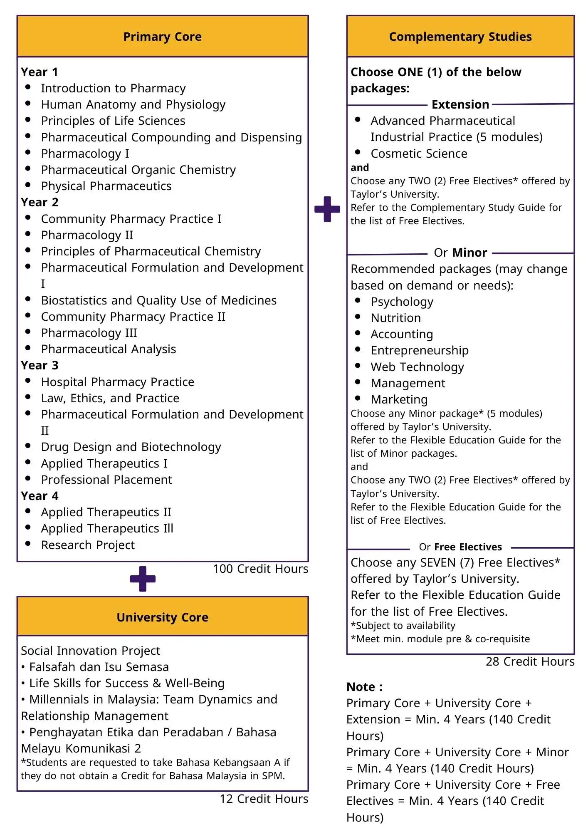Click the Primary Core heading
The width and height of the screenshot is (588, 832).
(x=162, y=37)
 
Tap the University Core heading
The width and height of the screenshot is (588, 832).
(x=162, y=617)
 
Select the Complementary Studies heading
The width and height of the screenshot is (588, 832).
(x=460, y=37)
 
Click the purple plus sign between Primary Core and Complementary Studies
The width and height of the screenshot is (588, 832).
(x=327, y=209)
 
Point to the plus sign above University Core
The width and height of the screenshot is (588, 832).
(x=143, y=579)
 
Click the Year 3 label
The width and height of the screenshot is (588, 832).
(x=40, y=365)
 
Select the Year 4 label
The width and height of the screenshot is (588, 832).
(x=40, y=496)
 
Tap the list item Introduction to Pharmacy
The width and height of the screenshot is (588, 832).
(x=113, y=88)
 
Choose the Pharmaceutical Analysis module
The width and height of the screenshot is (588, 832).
(x=108, y=349)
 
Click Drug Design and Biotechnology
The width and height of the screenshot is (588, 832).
(x=131, y=447)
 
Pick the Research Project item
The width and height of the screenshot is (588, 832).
(x=88, y=545)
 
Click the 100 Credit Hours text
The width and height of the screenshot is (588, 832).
(x=260, y=569)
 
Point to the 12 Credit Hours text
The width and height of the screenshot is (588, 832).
(x=264, y=799)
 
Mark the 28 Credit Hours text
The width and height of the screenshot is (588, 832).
(x=530, y=661)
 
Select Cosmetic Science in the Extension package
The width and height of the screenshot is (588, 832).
(x=419, y=154)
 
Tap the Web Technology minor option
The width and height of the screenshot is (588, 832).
(x=417, y=367)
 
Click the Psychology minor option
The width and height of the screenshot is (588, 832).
(x=402, y=302)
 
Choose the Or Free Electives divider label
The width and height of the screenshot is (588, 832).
(x=460, y=547)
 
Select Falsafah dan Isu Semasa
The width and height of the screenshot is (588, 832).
(x=99, y=667)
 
